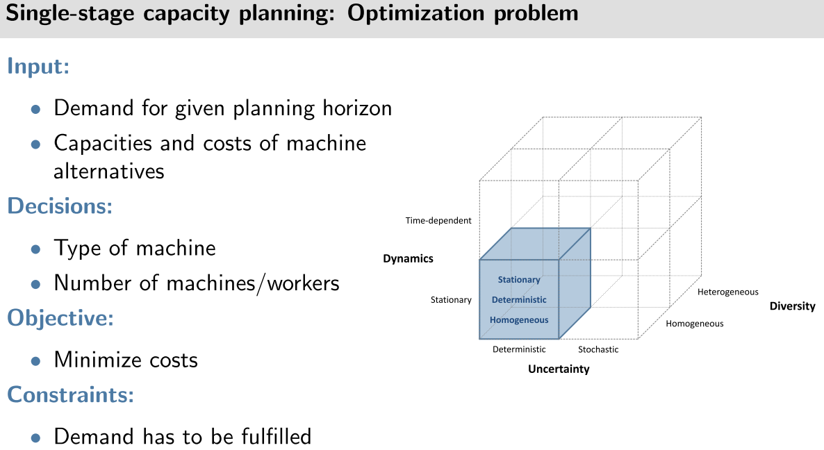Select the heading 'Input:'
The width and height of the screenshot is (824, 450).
click(x=39, y=67)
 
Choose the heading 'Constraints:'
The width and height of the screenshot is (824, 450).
click(x=69, y=394)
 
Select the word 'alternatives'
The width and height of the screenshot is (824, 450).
click(x=109, y=170)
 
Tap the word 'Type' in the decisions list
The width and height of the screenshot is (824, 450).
click(x=74, y=248)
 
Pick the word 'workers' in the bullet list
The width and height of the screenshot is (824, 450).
click(x=299, y=283)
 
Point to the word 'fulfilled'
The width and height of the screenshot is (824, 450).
click(x=270, y=436)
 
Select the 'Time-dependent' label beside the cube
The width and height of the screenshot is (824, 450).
click(x=438, y=221)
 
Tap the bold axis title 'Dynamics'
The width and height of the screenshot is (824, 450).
click(x=408, y=258)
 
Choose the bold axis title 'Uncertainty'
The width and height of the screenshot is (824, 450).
click(x=559, y=369)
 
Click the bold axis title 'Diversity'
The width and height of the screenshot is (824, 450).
click(x=792, y=306)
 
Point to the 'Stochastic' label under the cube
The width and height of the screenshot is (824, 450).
click(x=598, y=349)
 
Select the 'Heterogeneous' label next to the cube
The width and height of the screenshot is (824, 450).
click(x=728, y=292)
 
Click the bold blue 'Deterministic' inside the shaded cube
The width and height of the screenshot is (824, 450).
click(x=519, y=299)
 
